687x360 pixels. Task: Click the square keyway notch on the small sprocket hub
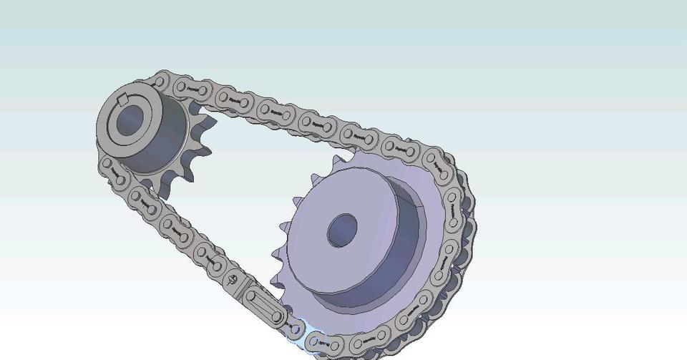[x=123, y=99]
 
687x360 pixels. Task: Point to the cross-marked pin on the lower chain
[x=233, y=279]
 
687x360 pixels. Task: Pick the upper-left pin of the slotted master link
[x=251, y=295]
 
